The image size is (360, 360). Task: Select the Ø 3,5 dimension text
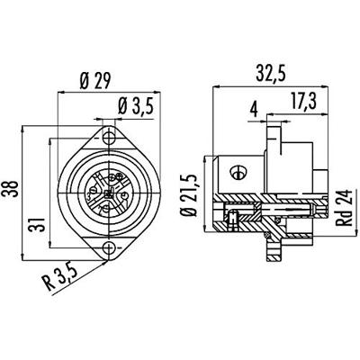point(135,110)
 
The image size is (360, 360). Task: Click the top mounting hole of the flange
point(109,139)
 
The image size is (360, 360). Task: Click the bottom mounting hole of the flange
point(109,248)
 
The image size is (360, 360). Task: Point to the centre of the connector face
point(109,193)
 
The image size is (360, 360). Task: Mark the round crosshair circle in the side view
point(238,171)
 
